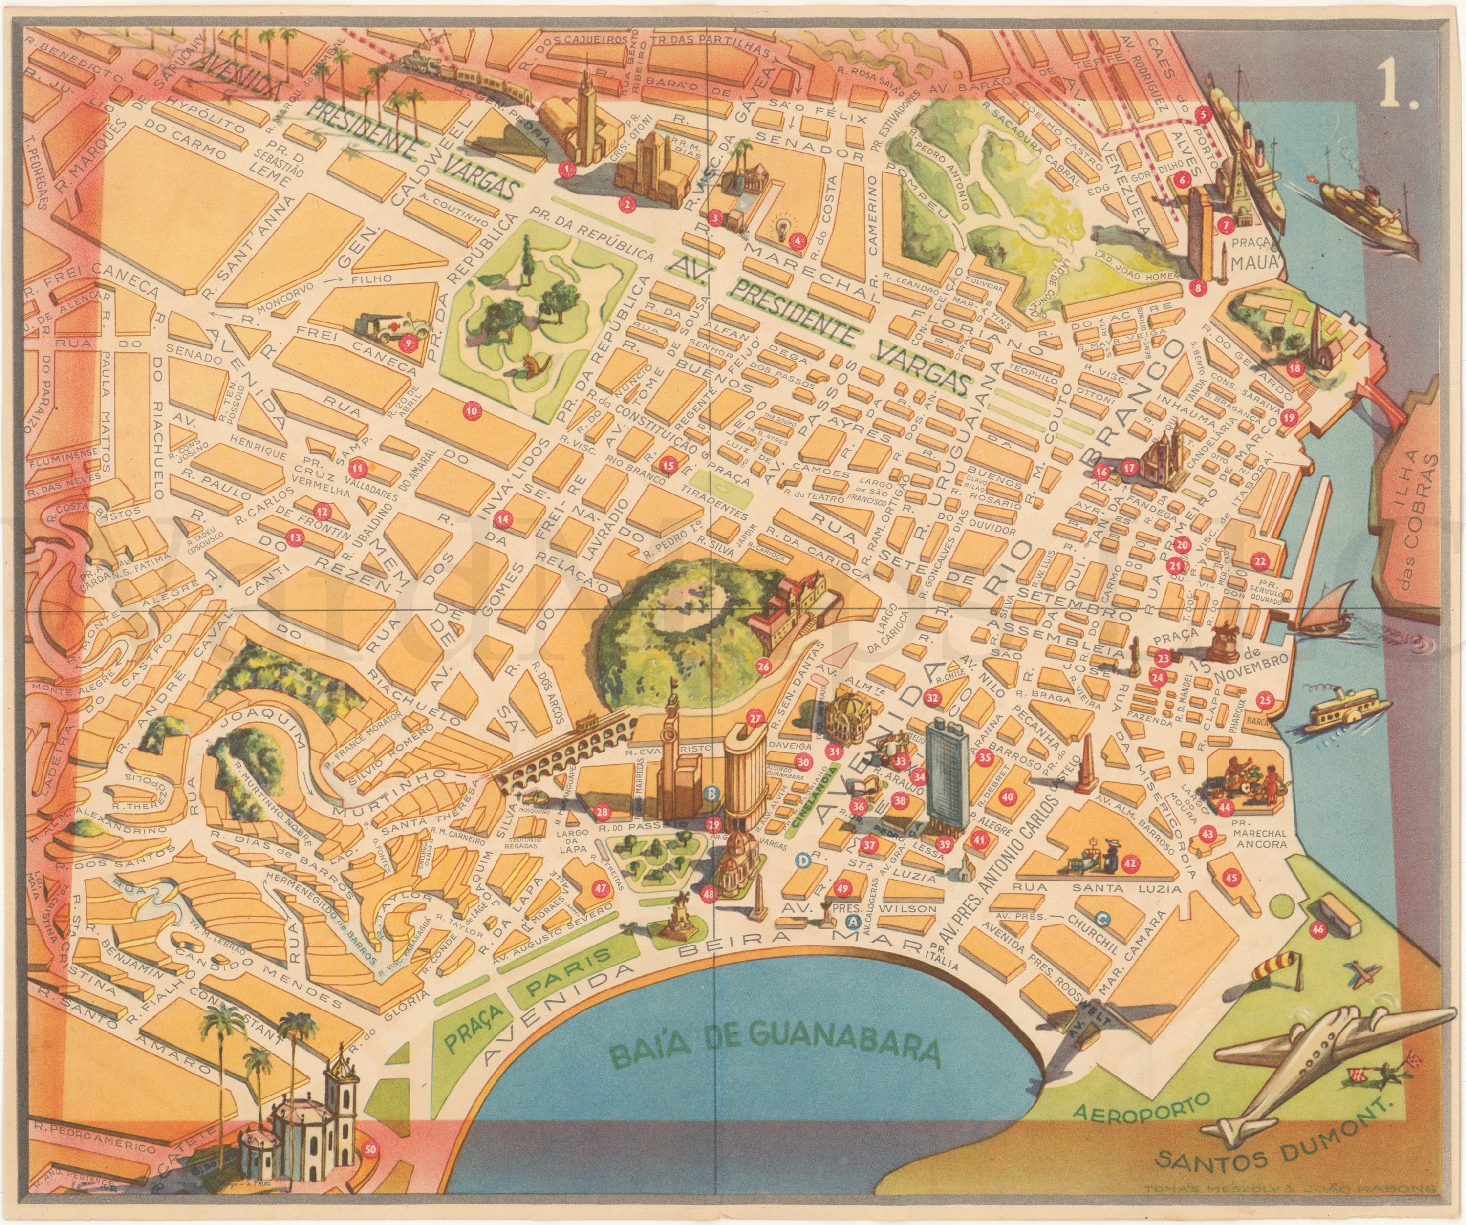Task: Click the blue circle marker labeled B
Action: [711, 793]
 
